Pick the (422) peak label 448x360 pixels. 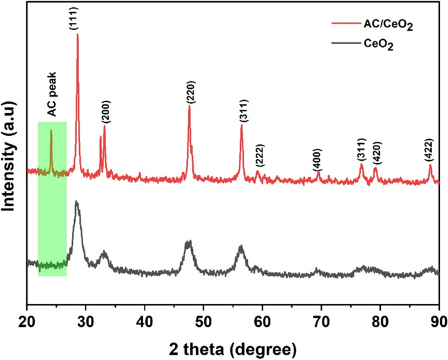430,150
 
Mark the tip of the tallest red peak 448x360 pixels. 78,34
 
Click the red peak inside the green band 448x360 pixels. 51,131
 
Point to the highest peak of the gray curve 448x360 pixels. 77,202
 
